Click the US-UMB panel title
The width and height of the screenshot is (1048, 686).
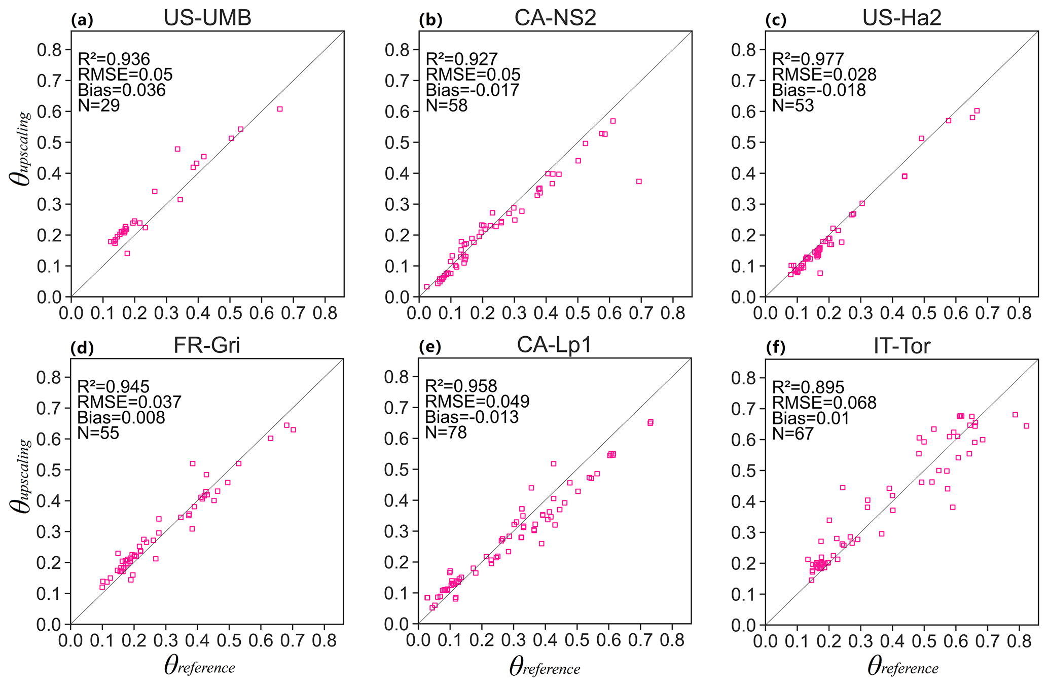click(x=207, y=18)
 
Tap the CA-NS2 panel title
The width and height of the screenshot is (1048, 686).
click(x=555, y=18)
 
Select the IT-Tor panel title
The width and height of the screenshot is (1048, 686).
click(x=901, y=346)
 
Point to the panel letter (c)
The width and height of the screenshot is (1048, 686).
click(x=775, y=21)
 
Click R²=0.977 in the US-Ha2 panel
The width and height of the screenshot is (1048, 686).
click(x=808, y=59)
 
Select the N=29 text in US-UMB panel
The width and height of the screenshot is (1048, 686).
click(x=99, y=105)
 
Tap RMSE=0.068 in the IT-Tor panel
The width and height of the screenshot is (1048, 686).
click(x=824, y=403)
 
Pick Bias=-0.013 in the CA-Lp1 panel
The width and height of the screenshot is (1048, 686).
click(x=472, y=417)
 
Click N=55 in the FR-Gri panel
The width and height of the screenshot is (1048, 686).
click(x=98, y=433)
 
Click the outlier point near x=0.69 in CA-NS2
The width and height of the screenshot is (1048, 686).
click(x=639, y=182)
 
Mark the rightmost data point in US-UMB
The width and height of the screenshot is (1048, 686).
click(x=280, y=109)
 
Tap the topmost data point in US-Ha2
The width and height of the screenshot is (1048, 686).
click(x=977, y=111)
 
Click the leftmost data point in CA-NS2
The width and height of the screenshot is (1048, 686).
click(x=427, y=286)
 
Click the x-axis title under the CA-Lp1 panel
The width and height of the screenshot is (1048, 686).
click(x=545, y=667)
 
